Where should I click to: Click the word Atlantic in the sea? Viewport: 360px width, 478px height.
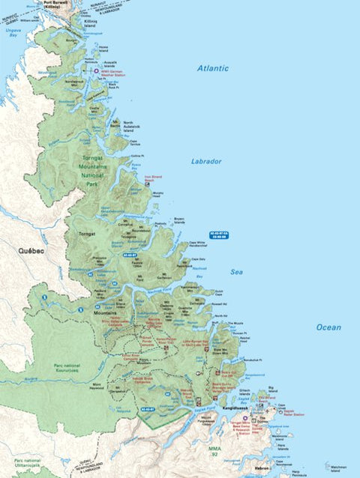pos(213,68)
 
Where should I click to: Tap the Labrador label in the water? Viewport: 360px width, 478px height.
pos(205,161)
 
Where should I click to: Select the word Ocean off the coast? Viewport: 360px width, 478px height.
pos(328,327)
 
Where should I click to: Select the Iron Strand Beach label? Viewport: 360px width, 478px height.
pos(153,179)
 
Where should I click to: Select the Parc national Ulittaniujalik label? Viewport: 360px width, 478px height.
pos(28,463)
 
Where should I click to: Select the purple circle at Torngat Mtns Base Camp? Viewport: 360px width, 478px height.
pos(245,419)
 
